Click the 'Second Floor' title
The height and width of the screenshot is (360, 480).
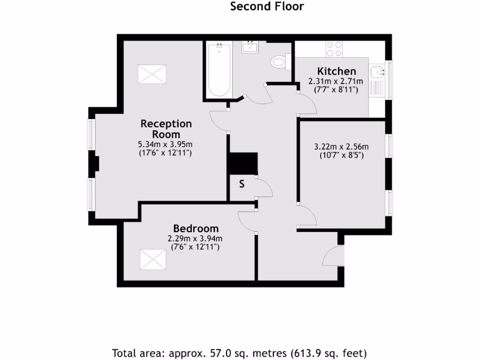click(x=267, y=7)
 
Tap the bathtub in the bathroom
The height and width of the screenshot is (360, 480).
click(x=218, y=69)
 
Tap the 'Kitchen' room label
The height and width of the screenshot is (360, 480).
click(x=337, y=71)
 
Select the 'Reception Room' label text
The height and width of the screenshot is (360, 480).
click(x=166, y=129)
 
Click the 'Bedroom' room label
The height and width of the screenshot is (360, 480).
click(x=195, y=229)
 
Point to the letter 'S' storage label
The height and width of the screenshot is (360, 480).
click(x=242, y=184)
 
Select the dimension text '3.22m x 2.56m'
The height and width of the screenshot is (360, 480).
click(x=341, y=146)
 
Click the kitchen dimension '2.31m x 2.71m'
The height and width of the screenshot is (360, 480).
click(x=333, y=81)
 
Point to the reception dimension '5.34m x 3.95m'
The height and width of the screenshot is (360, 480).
click(x=166, y=144)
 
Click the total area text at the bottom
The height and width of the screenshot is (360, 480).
click(x=240, y=352)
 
